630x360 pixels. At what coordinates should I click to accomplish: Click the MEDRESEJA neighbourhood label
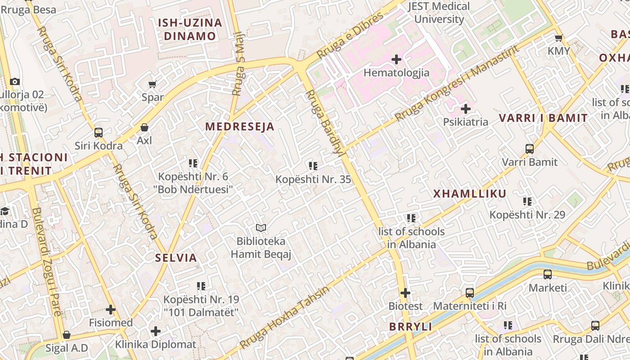(x=240, y=126)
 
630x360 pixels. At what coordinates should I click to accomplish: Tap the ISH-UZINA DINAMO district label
(x=190, y=29)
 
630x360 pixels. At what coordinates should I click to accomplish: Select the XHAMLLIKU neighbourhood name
(x=470, y=194)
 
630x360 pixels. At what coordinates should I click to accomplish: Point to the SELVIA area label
(x=176, y=258)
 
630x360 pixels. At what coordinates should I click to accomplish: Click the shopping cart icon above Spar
(x=153, y=84)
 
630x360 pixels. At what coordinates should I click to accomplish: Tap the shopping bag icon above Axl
(x=144, y=127)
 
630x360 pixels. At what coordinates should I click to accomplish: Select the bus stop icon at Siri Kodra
(x=99, y=133)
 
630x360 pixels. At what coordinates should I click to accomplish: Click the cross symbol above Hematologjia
(x=396, y=59)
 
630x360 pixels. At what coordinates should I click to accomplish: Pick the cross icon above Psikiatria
(x=466, y=109)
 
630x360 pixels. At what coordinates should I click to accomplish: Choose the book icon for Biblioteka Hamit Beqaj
(x=261, y=228)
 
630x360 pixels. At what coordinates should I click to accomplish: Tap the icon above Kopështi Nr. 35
(x=313, y=166)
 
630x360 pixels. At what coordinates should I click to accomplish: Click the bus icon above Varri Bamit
(x=530, y=148)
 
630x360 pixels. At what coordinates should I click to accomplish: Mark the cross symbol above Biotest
(x=405, y=293)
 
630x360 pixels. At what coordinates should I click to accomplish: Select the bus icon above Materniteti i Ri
(x=470, y=293)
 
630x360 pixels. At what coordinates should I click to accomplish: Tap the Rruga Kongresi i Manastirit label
(x=457, y=84)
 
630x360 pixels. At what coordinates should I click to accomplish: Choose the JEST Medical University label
(x=439, y=13)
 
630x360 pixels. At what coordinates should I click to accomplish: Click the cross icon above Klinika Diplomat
(x=156, y=332)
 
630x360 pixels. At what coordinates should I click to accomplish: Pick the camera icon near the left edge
(x=15, y=81)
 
